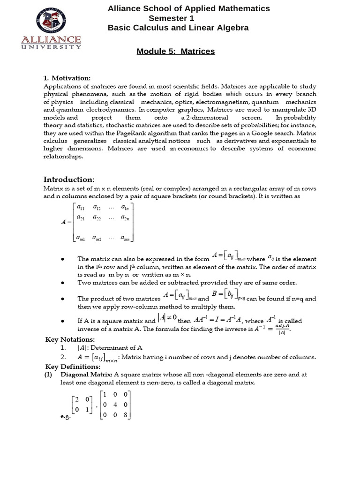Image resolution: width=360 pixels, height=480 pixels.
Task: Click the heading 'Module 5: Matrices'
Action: pos(176,51)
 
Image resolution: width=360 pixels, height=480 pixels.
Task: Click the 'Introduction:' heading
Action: pos(69,180)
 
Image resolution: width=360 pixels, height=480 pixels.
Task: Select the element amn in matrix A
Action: pos(125,238)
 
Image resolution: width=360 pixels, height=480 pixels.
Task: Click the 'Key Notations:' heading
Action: pos(70,339)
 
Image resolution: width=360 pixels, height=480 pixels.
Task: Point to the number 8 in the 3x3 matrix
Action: pos(126,414)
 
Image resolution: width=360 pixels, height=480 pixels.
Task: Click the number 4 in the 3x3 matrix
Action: pos(116,405)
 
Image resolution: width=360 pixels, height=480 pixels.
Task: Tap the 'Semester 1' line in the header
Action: pos(171,18)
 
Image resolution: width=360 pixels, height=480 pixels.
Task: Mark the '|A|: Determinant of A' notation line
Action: pos(110,347)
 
